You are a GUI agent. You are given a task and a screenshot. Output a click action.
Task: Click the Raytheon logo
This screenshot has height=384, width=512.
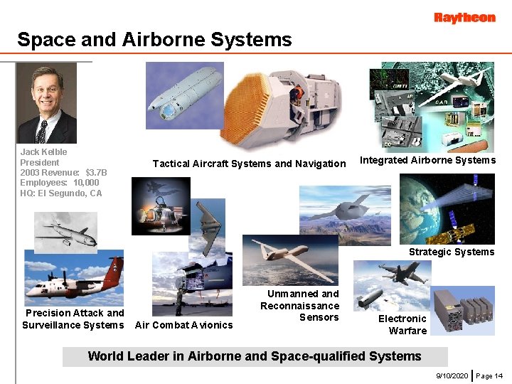[x=464, y=18]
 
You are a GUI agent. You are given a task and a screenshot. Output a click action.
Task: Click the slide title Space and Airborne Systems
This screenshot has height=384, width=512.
[x=154, y=39]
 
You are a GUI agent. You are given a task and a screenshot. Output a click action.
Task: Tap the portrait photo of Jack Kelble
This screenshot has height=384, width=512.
[x=46, y=104]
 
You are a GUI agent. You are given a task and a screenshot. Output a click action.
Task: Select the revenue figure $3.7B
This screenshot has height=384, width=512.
[x=96, y=172]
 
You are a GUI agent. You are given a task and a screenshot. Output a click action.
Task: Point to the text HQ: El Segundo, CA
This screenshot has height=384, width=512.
[x=61, y=193]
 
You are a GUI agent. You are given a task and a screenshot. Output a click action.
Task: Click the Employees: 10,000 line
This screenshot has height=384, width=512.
[x=60, y=183]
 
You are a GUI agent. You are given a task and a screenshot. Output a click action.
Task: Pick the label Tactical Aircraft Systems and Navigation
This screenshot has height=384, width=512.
[x=249, y=164]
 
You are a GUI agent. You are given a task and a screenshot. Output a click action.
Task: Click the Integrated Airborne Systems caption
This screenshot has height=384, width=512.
[x=427, y=160]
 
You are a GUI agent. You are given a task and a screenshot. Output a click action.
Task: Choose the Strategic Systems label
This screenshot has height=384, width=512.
[x=451, y=252]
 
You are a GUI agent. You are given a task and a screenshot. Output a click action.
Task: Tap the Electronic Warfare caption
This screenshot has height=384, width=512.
[x=403, y=324]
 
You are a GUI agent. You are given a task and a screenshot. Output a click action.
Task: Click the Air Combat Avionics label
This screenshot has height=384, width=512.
[x=183, y=325]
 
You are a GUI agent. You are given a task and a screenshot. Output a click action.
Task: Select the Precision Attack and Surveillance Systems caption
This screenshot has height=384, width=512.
[x=73, y=319]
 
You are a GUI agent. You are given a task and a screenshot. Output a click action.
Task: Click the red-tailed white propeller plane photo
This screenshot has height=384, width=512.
[x=73, y=277]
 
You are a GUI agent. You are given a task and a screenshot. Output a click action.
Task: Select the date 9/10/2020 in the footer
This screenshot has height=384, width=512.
[x=452, y=375]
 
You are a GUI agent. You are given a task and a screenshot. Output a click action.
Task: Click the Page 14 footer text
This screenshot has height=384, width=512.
[x=489, y=375]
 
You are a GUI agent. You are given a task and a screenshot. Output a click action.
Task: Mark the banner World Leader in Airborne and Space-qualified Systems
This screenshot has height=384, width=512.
[x=255, y=356]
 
